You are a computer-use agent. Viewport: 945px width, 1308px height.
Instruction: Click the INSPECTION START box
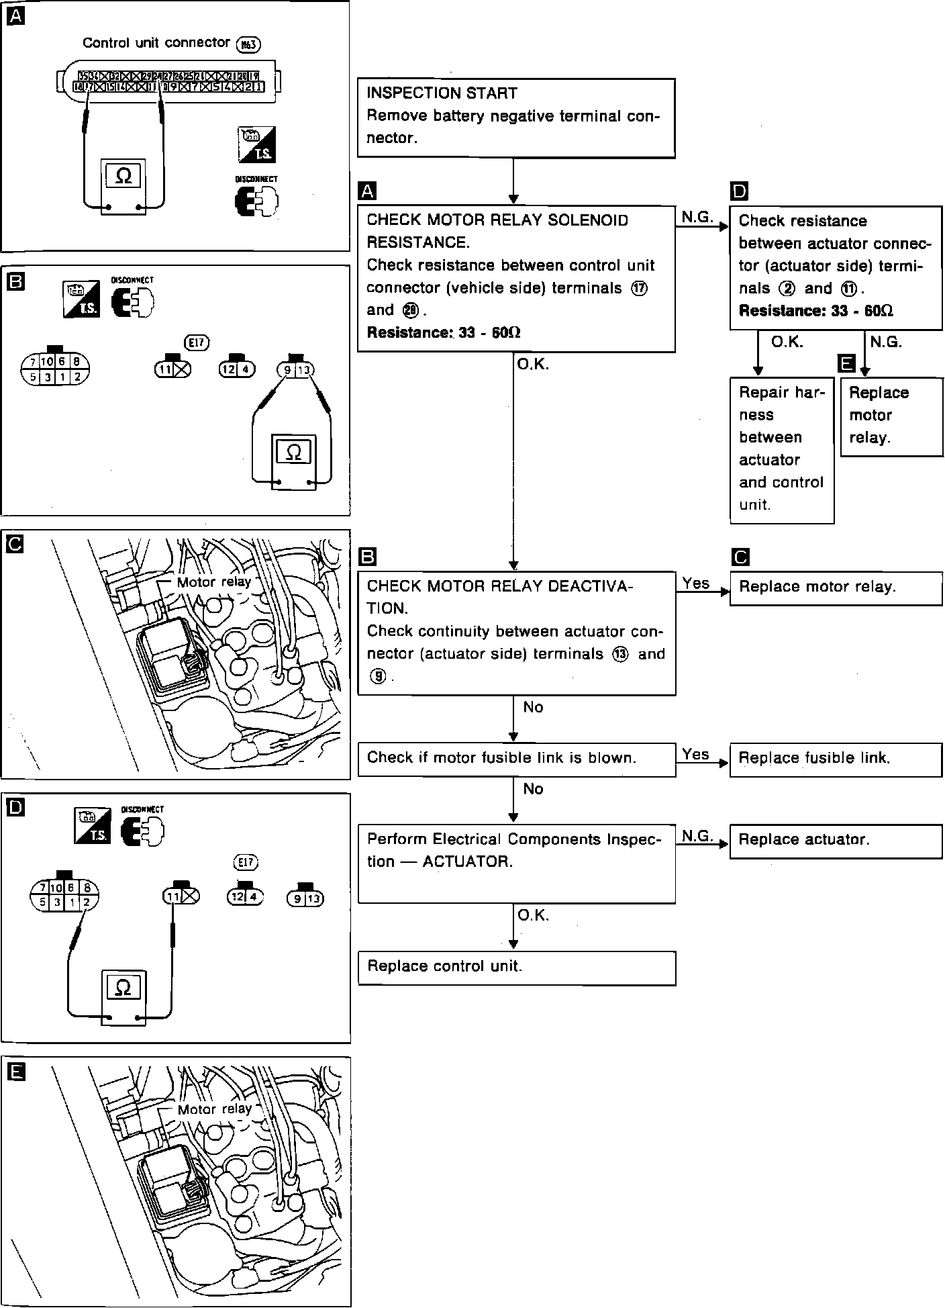515,118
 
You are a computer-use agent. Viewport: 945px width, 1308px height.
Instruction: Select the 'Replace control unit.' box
515,968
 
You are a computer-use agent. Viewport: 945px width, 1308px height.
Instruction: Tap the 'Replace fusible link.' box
835,759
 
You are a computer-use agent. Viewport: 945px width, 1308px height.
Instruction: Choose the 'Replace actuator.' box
835,841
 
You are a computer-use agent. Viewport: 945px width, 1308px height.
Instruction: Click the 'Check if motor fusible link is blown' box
515,759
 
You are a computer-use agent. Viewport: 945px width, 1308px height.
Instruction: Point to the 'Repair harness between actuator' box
781,449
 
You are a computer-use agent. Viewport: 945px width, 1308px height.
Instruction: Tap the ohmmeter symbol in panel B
293,452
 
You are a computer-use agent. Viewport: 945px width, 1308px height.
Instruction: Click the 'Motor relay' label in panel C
213,582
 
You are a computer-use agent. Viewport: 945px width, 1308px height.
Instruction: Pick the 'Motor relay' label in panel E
214,1109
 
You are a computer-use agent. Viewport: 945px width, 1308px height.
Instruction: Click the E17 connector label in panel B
197,343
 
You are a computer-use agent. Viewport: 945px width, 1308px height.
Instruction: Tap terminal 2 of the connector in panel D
86,902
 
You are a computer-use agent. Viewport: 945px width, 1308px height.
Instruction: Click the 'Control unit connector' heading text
156,43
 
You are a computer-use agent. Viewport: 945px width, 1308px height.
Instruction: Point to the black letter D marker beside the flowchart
739,192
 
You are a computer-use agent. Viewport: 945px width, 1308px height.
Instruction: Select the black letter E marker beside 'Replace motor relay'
847,363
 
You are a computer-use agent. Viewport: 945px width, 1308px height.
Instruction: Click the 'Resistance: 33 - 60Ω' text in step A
444,333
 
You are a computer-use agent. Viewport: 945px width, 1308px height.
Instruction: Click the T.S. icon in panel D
92,827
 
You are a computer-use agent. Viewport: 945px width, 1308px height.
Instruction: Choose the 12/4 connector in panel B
237,369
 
